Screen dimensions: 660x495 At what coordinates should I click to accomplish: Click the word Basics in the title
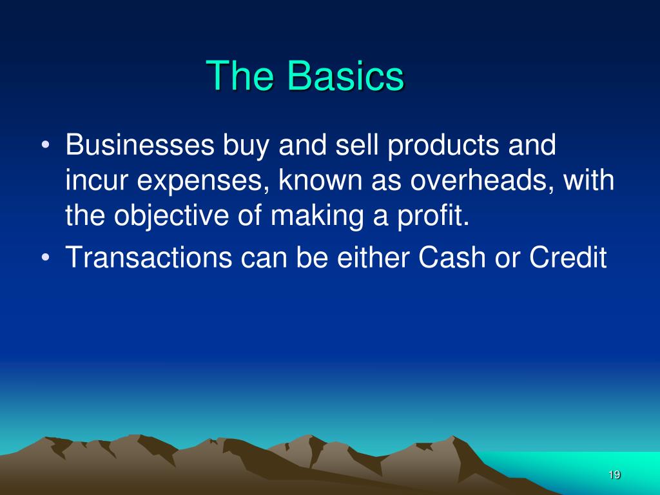click(x=345, y=75)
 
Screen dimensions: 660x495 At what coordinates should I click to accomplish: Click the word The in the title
click(x=239, y=75)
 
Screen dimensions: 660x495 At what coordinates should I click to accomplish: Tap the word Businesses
click(x=140, y=145)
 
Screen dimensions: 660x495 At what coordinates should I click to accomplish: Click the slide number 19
click(x=614, y=475)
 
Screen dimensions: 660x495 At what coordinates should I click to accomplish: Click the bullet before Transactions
click(x=46, y=257)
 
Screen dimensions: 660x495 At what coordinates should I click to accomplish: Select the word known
click(x=320, y=180)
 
